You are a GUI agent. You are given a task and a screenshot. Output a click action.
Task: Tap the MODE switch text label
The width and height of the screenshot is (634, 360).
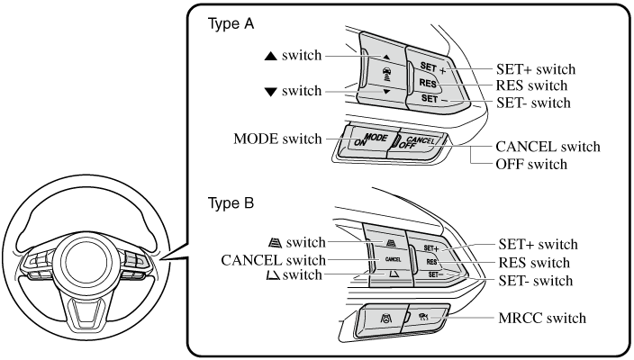(276, 139)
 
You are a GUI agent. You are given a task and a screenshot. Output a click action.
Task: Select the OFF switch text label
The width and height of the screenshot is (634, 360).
(532, 165)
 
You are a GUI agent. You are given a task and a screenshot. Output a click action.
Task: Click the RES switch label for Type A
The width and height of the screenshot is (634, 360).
(532, 85)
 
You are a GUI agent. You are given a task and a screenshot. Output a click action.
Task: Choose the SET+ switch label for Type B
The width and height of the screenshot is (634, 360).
(537, 244)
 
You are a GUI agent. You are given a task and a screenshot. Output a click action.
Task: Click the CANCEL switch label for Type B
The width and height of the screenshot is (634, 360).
(274, 260)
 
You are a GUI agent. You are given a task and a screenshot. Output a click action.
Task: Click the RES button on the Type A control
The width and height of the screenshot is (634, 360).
(428, 84)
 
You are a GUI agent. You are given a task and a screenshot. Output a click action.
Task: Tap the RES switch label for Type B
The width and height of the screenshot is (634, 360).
(535, 263)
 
